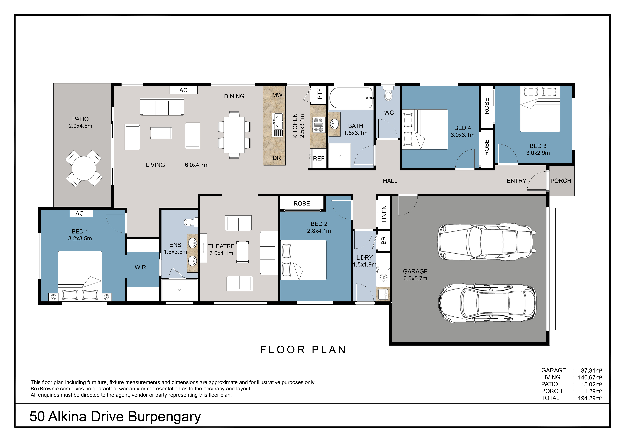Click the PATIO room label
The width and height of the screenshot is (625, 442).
click(80, 119)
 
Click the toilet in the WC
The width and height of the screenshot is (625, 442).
click(388, 93)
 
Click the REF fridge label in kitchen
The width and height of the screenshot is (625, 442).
click(319, 158)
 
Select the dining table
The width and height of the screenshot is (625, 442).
click(234, 135)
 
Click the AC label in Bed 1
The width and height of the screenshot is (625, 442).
click(80, 213)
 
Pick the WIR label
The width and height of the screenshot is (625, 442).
click(140, 267)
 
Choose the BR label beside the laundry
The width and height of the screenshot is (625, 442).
click(384, 240)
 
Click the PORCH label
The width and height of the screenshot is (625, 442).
click(561, 181)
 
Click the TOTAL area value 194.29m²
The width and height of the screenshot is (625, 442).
click(590, 398)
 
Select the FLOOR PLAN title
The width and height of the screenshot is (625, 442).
click(303, 350)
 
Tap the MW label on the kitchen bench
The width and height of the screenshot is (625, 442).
click(277, 95)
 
